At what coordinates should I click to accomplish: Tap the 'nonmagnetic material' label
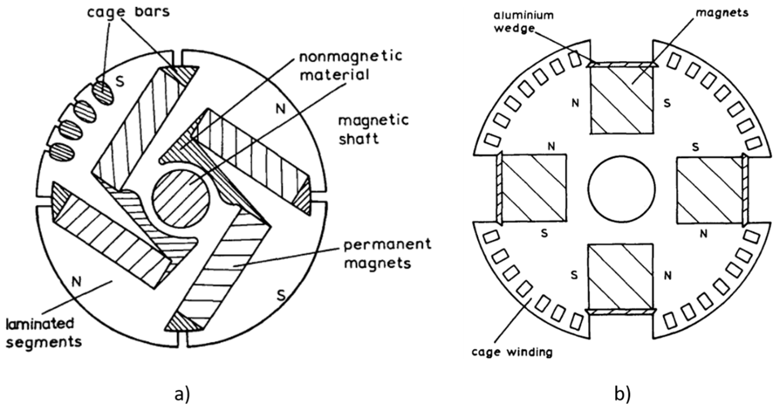point(351,65)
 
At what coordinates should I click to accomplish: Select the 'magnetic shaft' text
point(374,130)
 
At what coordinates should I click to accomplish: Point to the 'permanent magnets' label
point(387,254)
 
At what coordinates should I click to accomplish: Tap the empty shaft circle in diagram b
point(622,189)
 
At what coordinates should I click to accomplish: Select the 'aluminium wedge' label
point(524,21)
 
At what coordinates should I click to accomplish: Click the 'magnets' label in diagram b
point(722,13)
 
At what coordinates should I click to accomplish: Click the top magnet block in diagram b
point(622,100)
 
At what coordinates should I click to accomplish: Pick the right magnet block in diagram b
point(709,190)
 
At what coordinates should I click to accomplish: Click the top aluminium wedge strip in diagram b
point(622,64)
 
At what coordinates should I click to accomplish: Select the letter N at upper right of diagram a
point(280,108)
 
